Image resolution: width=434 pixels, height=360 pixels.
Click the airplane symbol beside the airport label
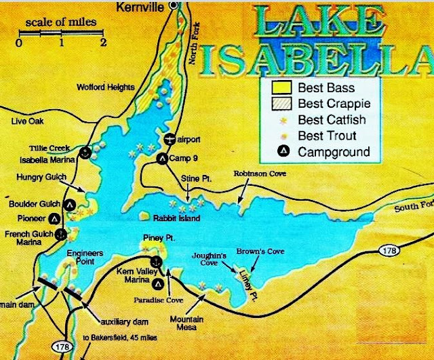click(x=168, y=138)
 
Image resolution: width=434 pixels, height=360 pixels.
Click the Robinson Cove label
click(x=260, y=174)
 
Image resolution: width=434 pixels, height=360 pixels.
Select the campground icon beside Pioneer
click(x=54, y=219)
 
